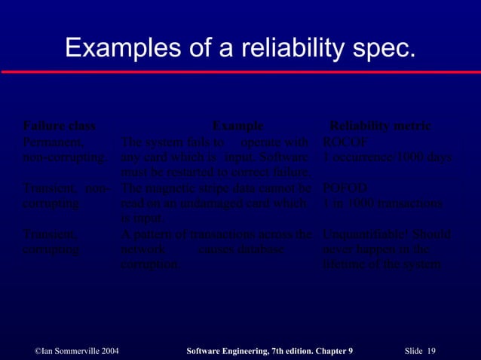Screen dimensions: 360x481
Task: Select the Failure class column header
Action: [59, 125]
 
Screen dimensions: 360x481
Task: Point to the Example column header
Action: [237, 125]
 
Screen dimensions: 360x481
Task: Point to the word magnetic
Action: [176, 188]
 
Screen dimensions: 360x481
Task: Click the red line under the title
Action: [240, 72]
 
